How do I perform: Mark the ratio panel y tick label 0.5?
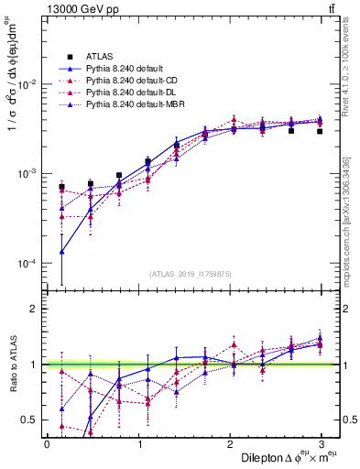click(x=28, y=420)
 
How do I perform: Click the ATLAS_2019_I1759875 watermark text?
click(x=184, y=272)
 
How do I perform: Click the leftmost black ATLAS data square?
click(x=61, y=187)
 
